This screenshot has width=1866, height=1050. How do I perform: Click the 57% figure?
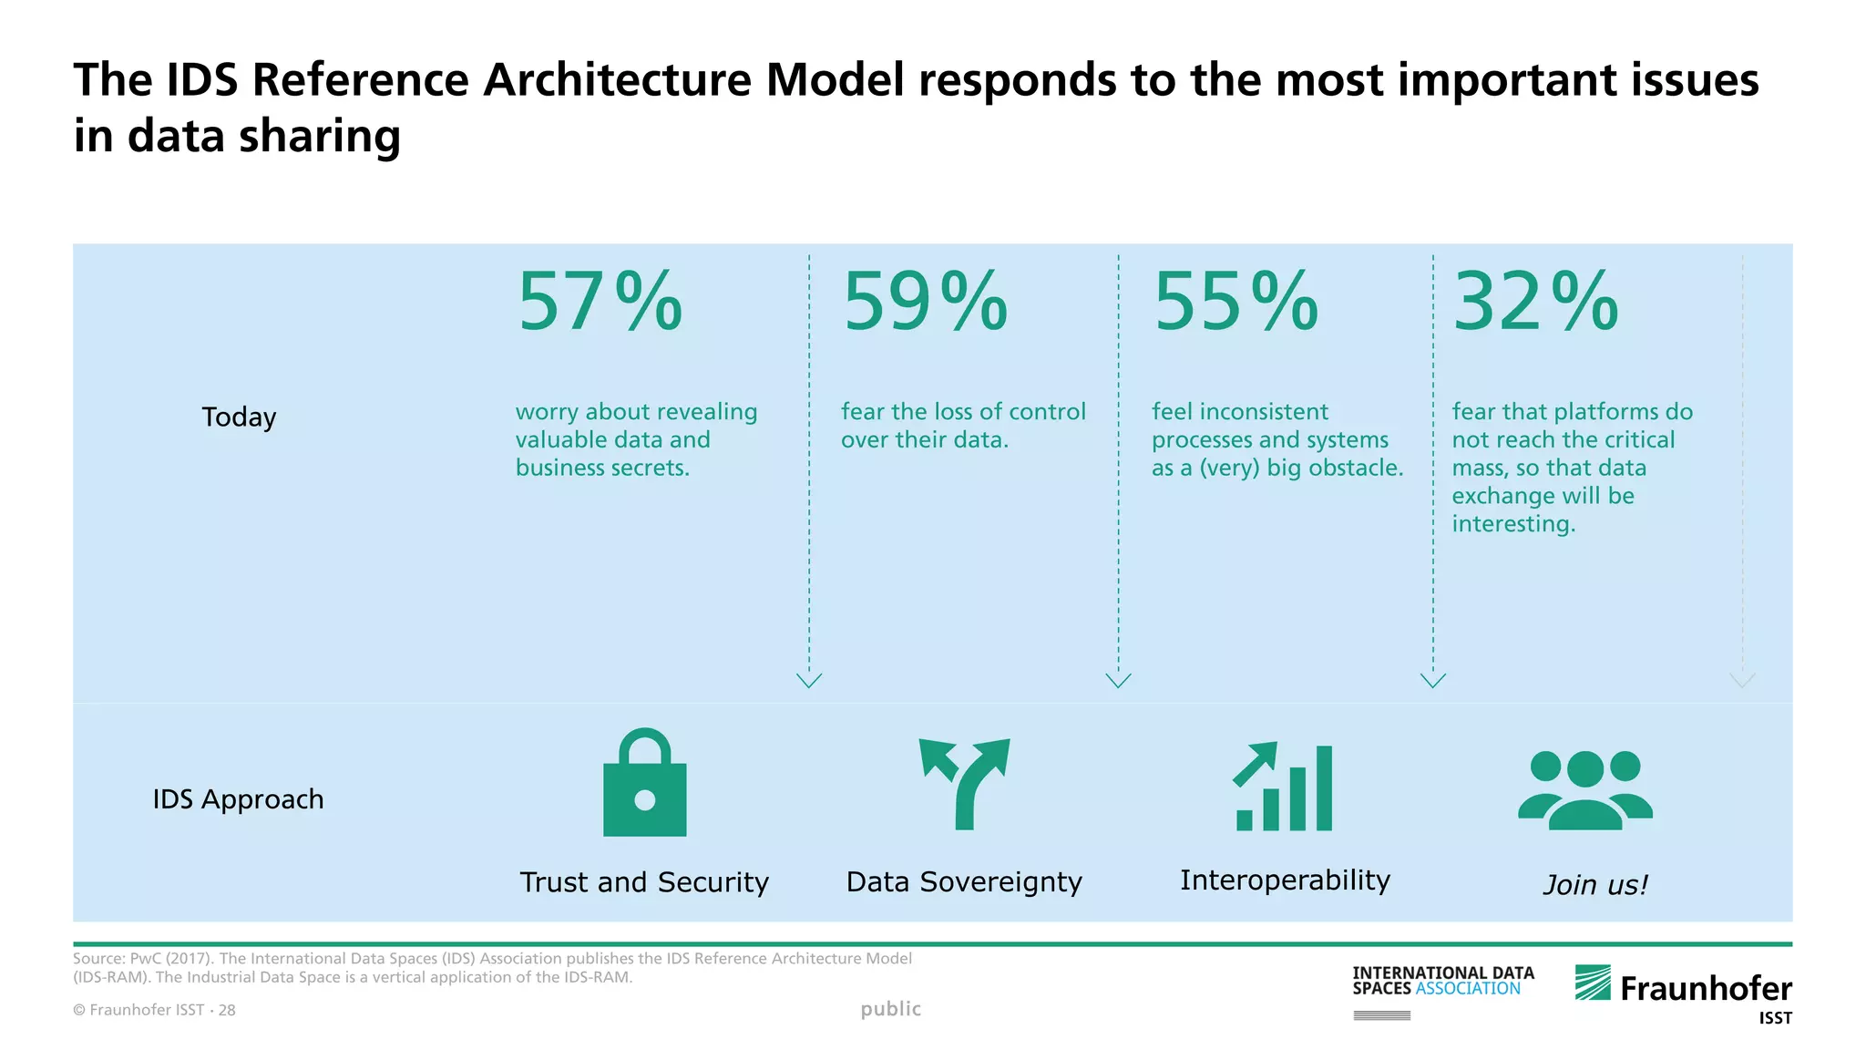click(x=600, y=302)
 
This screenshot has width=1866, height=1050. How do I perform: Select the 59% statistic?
click(x=925, y=302)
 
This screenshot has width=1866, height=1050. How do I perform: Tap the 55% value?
click(x=1235, y=302)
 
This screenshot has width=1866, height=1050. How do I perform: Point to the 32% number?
click(x=1535, y=302)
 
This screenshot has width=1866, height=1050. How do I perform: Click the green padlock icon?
click(x=644, y=783)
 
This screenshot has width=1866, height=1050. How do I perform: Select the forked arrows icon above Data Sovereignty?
click(x=965, y=783)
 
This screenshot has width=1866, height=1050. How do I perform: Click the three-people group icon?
click(x=1584, y=789)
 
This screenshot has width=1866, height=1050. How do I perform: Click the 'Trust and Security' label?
click(x=644, y=882)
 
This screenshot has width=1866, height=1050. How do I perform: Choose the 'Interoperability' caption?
click(x=1285, y=880)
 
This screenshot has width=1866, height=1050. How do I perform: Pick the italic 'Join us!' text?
click(x=1595, y=885)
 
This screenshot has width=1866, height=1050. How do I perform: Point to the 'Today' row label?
click(x=239, y=417)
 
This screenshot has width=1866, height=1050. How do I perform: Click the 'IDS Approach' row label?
click(x=238, y=799)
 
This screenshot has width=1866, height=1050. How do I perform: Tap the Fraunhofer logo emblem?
click(x=1593, y=983)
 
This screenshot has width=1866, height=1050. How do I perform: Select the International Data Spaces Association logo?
click(x=1442, y=982)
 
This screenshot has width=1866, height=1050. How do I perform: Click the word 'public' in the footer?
click(x=890, y=1009)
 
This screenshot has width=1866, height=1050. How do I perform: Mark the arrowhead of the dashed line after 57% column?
click(x=809, y=680)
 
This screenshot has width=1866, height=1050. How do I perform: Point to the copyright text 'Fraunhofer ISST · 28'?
click(x=155, y=1010)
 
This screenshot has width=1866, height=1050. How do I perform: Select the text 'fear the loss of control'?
click(x=963, y=412)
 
